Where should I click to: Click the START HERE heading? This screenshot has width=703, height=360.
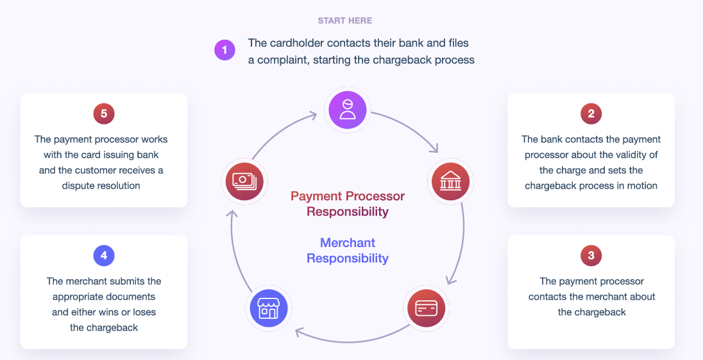[344, 21]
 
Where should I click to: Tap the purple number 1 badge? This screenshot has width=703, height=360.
[224, 50]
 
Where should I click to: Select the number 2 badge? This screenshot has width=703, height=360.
[591, 114]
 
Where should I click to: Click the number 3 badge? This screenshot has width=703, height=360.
[591, 256]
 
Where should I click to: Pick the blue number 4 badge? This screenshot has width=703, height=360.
[103, 256]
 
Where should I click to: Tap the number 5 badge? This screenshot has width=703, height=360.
[103, 114]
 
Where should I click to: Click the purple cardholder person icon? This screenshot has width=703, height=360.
[347, 109]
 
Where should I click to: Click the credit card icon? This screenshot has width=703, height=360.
[426, 309]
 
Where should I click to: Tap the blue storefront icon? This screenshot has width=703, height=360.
[268, 309]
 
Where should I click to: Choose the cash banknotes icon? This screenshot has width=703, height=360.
[244, 182]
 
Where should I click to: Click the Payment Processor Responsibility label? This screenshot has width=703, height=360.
[348, 203]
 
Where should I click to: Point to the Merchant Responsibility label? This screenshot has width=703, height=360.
[348, 250]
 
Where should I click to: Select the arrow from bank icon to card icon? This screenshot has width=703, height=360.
[459, 244]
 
